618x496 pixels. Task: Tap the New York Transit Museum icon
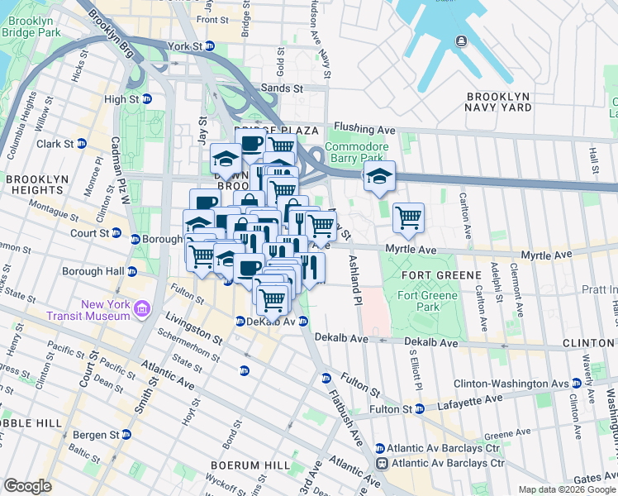pyautogui.click(x=141, y=310)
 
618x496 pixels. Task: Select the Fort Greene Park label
pyautogui.click(x=418, y=301)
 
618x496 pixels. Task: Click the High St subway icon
pyautogui.click(x=148, y=99)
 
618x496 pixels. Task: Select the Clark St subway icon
pyautogui.click(x=82, y=143)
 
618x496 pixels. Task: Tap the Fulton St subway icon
pyautogui.click(x=420, y=408)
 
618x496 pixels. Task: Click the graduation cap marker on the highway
pyautogui.click(x=379, y=176)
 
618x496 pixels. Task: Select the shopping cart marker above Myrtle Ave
pyautogui.click(x=408, y=218)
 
